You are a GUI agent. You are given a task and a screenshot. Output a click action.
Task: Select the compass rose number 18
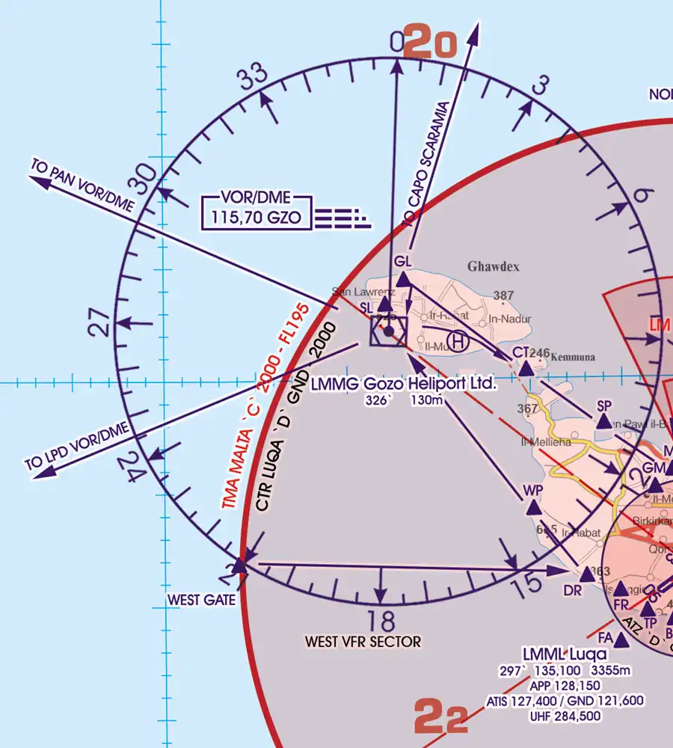[x=381, y=620]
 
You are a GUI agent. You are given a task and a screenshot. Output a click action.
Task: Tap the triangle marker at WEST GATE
[x=239, y=565]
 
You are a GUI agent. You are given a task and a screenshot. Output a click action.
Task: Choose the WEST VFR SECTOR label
[x=363, y=642]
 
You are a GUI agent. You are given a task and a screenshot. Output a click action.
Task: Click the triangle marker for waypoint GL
[x=404, y=280]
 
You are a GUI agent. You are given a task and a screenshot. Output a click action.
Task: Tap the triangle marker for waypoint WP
[x=533, y=509]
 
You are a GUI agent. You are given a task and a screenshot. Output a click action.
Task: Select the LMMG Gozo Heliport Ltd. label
[x=403, y=384]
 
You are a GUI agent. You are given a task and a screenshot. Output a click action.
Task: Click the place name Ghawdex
[x=494, y=266]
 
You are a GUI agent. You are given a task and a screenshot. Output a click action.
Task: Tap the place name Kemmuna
[x=574, y=358]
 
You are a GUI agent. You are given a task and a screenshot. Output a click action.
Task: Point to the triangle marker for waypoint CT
[x=526, y=369]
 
